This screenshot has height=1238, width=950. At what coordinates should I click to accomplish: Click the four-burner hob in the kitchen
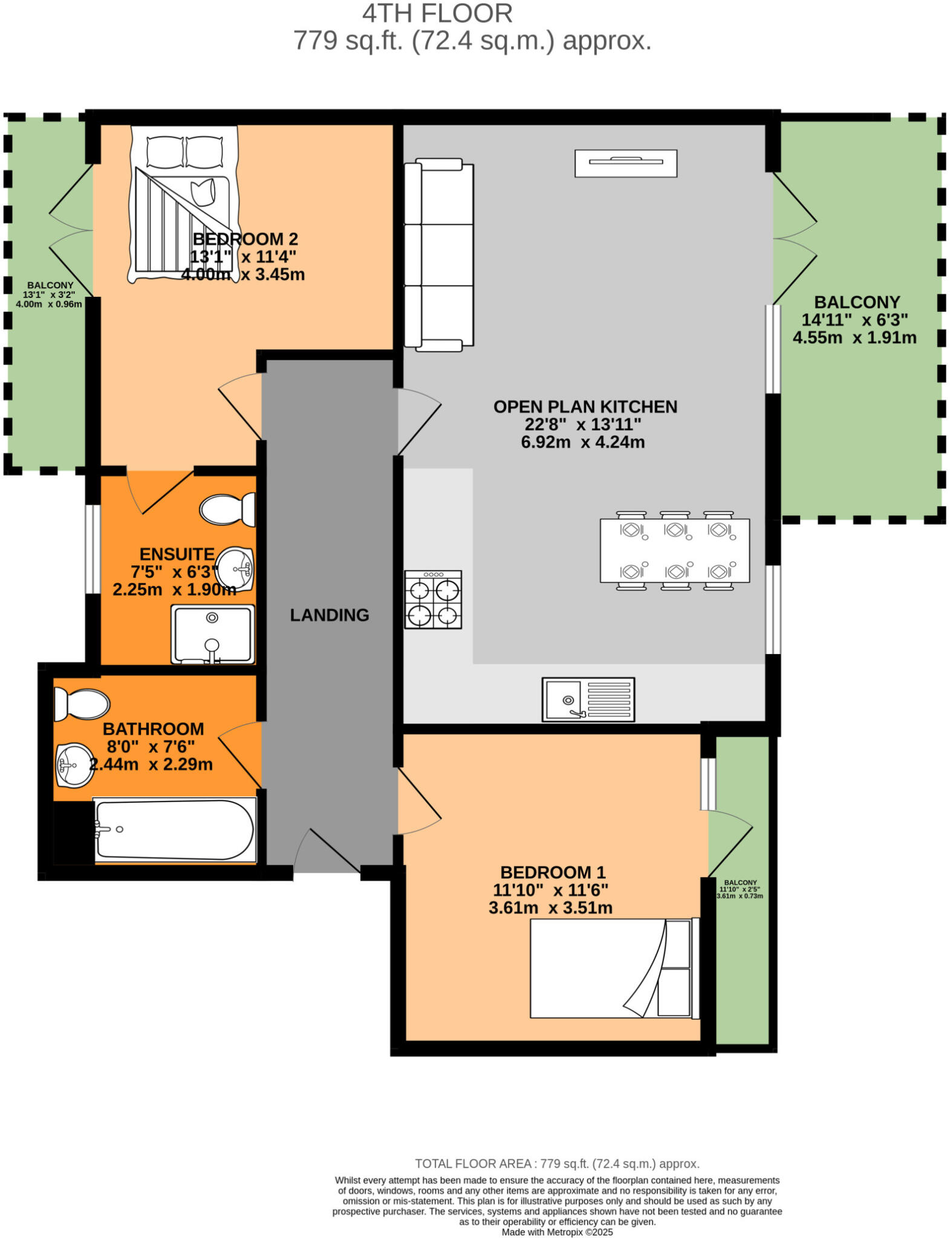click(433, 599)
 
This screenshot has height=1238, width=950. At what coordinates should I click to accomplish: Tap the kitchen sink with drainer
click(588, 699)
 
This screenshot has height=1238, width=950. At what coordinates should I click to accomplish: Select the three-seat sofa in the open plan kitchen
click(438, 254)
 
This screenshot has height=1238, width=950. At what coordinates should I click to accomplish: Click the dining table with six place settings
click(674, 550)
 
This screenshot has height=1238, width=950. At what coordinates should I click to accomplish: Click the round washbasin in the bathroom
click(74, 765)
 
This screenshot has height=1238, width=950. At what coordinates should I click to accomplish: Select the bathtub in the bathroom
click(175, 829)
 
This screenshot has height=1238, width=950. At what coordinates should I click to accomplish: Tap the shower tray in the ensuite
click(212, 634)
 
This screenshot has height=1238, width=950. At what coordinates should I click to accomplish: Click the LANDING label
click(330, 615)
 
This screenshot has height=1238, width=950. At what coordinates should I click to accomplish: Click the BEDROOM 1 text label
click(552, 872)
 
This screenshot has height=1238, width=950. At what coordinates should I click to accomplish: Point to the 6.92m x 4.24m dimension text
click(582, 442)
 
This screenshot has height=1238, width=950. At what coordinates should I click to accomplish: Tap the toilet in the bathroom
click(81, 704)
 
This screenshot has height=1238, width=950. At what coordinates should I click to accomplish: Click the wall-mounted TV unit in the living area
click(625, 163)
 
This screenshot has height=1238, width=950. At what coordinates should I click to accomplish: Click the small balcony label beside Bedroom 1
click(740, 889)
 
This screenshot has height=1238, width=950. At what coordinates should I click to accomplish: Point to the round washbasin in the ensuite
click(235, 569)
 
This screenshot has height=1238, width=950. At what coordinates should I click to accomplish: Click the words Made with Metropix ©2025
click(557, 1232)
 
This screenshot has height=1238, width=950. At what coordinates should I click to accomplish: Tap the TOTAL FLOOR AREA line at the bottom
click(557, 1164)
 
